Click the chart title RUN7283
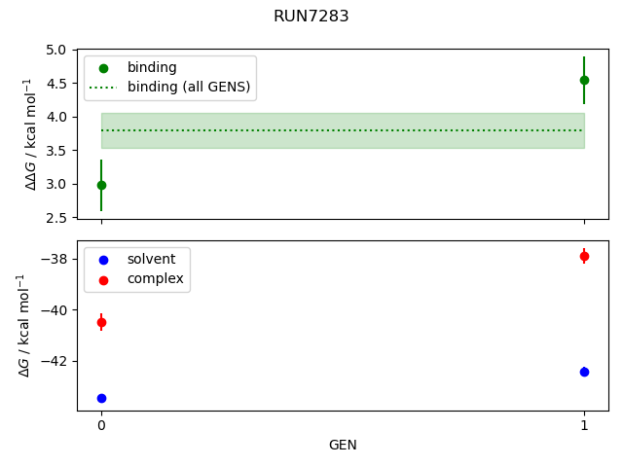[x=311, y=17]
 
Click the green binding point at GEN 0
[x=101, y=185]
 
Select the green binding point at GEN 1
[x=584, y=80]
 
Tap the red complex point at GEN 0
[x=101, y=322]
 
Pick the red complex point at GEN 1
[x=584, y=256]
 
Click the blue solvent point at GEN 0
[x=101, y=398]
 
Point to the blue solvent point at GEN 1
[x=584, y=372]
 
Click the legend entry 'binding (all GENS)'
[x=189, y=88]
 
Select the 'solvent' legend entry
[x=151, y=260]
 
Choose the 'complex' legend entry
[x=155, y=279]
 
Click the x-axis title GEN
[x=343, y=445]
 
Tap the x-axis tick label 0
[x=101, y=425]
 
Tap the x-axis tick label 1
[x=584, y=425]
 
